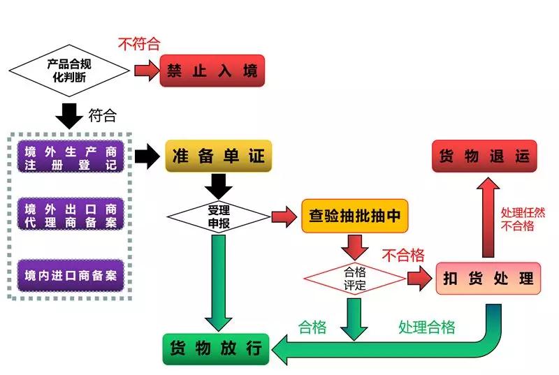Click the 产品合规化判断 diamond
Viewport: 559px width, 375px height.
pyautogui.click(x=68, y=70)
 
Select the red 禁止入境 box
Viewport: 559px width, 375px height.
pyautogui.click(x=212, y=71)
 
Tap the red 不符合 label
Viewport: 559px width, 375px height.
pyautogui.click(x=139, y=44)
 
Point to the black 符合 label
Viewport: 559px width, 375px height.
pyautogui.click(x=102, y=115)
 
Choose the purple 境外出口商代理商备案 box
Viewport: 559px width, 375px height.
pyautogui.click(x=70, y=215)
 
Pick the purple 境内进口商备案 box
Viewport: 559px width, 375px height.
pyautogui.click(x=70, y=274)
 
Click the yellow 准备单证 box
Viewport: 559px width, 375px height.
pyautogui.click(x=218, y=156)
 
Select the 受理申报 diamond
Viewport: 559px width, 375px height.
pyautogui.click(x=219, y=216)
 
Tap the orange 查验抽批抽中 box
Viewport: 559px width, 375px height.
pyautogui.click(x=354, y=216)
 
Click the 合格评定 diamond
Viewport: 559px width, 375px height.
pyautogui.click(x=355, y=278)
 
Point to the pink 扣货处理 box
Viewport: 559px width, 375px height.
pyautogui.click(x=488, y=278)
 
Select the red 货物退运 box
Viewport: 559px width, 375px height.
pyautogui.click(x=484, y=156)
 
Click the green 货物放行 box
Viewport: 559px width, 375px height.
pyautogui.click(x=216, y=347)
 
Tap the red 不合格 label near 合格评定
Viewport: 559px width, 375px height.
pyautogui.click(x=402, y=256)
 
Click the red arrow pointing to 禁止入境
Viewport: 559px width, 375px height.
pyautogui.click(x=146, y=71)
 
